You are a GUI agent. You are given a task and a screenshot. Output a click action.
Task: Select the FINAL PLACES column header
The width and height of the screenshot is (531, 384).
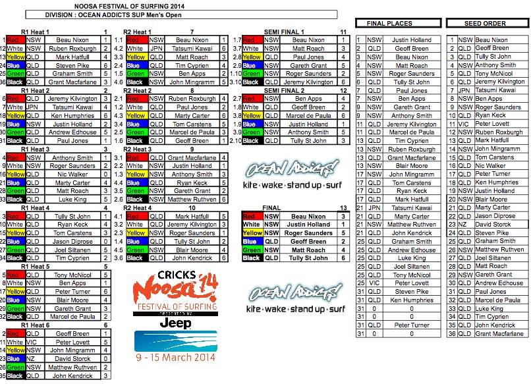394,23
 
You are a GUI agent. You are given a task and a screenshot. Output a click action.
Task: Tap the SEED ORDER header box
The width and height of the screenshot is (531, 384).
486,23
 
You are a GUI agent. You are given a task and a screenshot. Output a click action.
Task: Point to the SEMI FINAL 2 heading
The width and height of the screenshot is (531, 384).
283,90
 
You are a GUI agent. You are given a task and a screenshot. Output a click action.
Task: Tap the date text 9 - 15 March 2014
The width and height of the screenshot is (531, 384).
175,358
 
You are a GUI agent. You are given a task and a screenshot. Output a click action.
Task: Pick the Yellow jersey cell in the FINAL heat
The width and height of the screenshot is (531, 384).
252,233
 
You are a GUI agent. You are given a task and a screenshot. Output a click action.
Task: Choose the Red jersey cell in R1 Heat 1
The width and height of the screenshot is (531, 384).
15,40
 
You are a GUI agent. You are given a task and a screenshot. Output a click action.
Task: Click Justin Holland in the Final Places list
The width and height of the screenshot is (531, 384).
412,40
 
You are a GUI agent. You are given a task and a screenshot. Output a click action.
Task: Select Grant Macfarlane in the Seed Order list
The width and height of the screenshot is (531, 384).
501,333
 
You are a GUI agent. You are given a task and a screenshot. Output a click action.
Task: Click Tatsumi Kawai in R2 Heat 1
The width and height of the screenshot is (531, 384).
192,49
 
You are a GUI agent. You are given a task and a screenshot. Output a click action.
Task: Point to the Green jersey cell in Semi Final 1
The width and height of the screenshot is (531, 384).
252,74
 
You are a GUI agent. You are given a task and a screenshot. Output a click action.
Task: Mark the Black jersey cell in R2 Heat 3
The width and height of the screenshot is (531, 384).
136,199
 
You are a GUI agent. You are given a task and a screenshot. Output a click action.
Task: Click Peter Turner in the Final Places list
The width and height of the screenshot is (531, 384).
412,325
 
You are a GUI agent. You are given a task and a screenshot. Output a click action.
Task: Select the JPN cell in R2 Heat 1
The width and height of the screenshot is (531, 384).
156,49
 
